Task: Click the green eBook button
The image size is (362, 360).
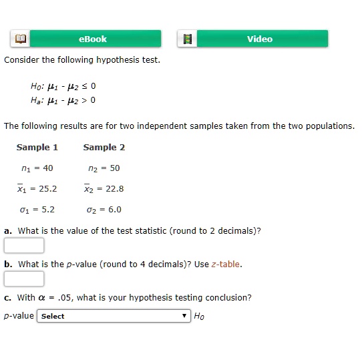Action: coord(92,39)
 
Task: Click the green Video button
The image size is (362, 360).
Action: coord(260,39)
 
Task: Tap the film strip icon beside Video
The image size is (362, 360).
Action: coord(187,39)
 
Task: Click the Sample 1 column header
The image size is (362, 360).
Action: coord(37,147)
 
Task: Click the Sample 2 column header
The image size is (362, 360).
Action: coord(104,147)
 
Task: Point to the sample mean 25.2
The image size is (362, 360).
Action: coord(46,188)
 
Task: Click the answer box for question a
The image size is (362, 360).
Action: coord(24,246)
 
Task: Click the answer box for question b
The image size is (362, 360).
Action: coord(24,279)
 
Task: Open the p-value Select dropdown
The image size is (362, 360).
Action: coord(114,316)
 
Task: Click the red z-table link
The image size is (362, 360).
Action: coord(226,264)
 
